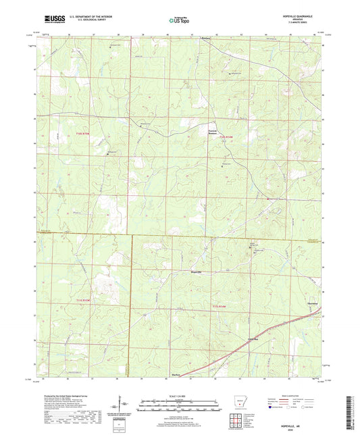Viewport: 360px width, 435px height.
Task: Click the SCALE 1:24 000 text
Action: [x=180, y=396]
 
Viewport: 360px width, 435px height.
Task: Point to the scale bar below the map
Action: [x=180, y=405]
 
